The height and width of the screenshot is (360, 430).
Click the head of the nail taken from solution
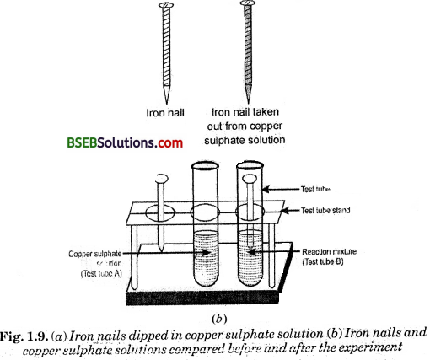[x=247, y=6]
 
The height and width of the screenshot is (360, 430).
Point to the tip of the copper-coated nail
[x=249, y=99]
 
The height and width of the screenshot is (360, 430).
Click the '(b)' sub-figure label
[x=215, y=320]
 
